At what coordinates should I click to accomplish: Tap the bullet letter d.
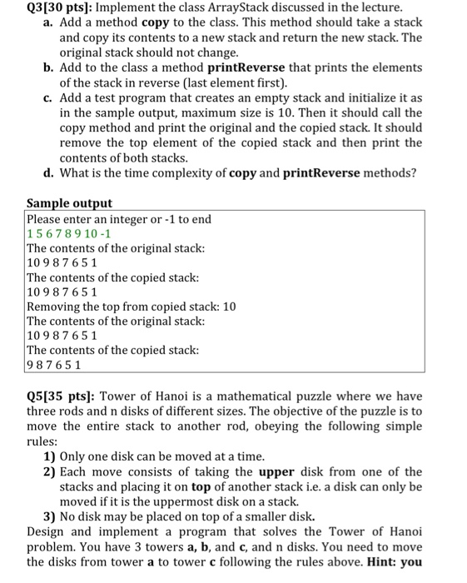(47, 173)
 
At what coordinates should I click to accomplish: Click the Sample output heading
(69, 203)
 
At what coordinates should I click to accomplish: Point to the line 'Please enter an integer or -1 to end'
(119, 219)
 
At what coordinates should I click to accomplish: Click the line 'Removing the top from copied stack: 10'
(132, 306)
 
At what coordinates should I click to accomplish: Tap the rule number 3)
(49, 516)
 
